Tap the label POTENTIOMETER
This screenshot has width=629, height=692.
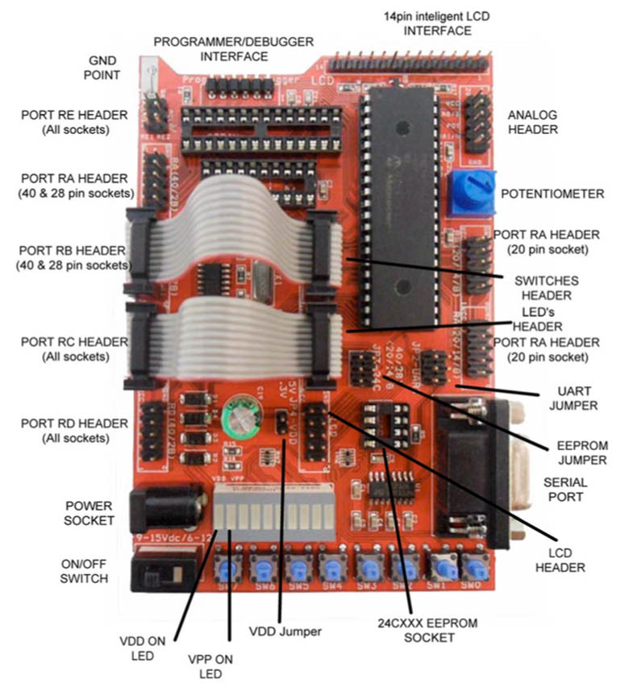(552, 194)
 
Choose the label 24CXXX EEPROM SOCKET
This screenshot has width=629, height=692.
(416, 630)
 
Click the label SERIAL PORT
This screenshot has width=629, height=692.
(565, 489)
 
